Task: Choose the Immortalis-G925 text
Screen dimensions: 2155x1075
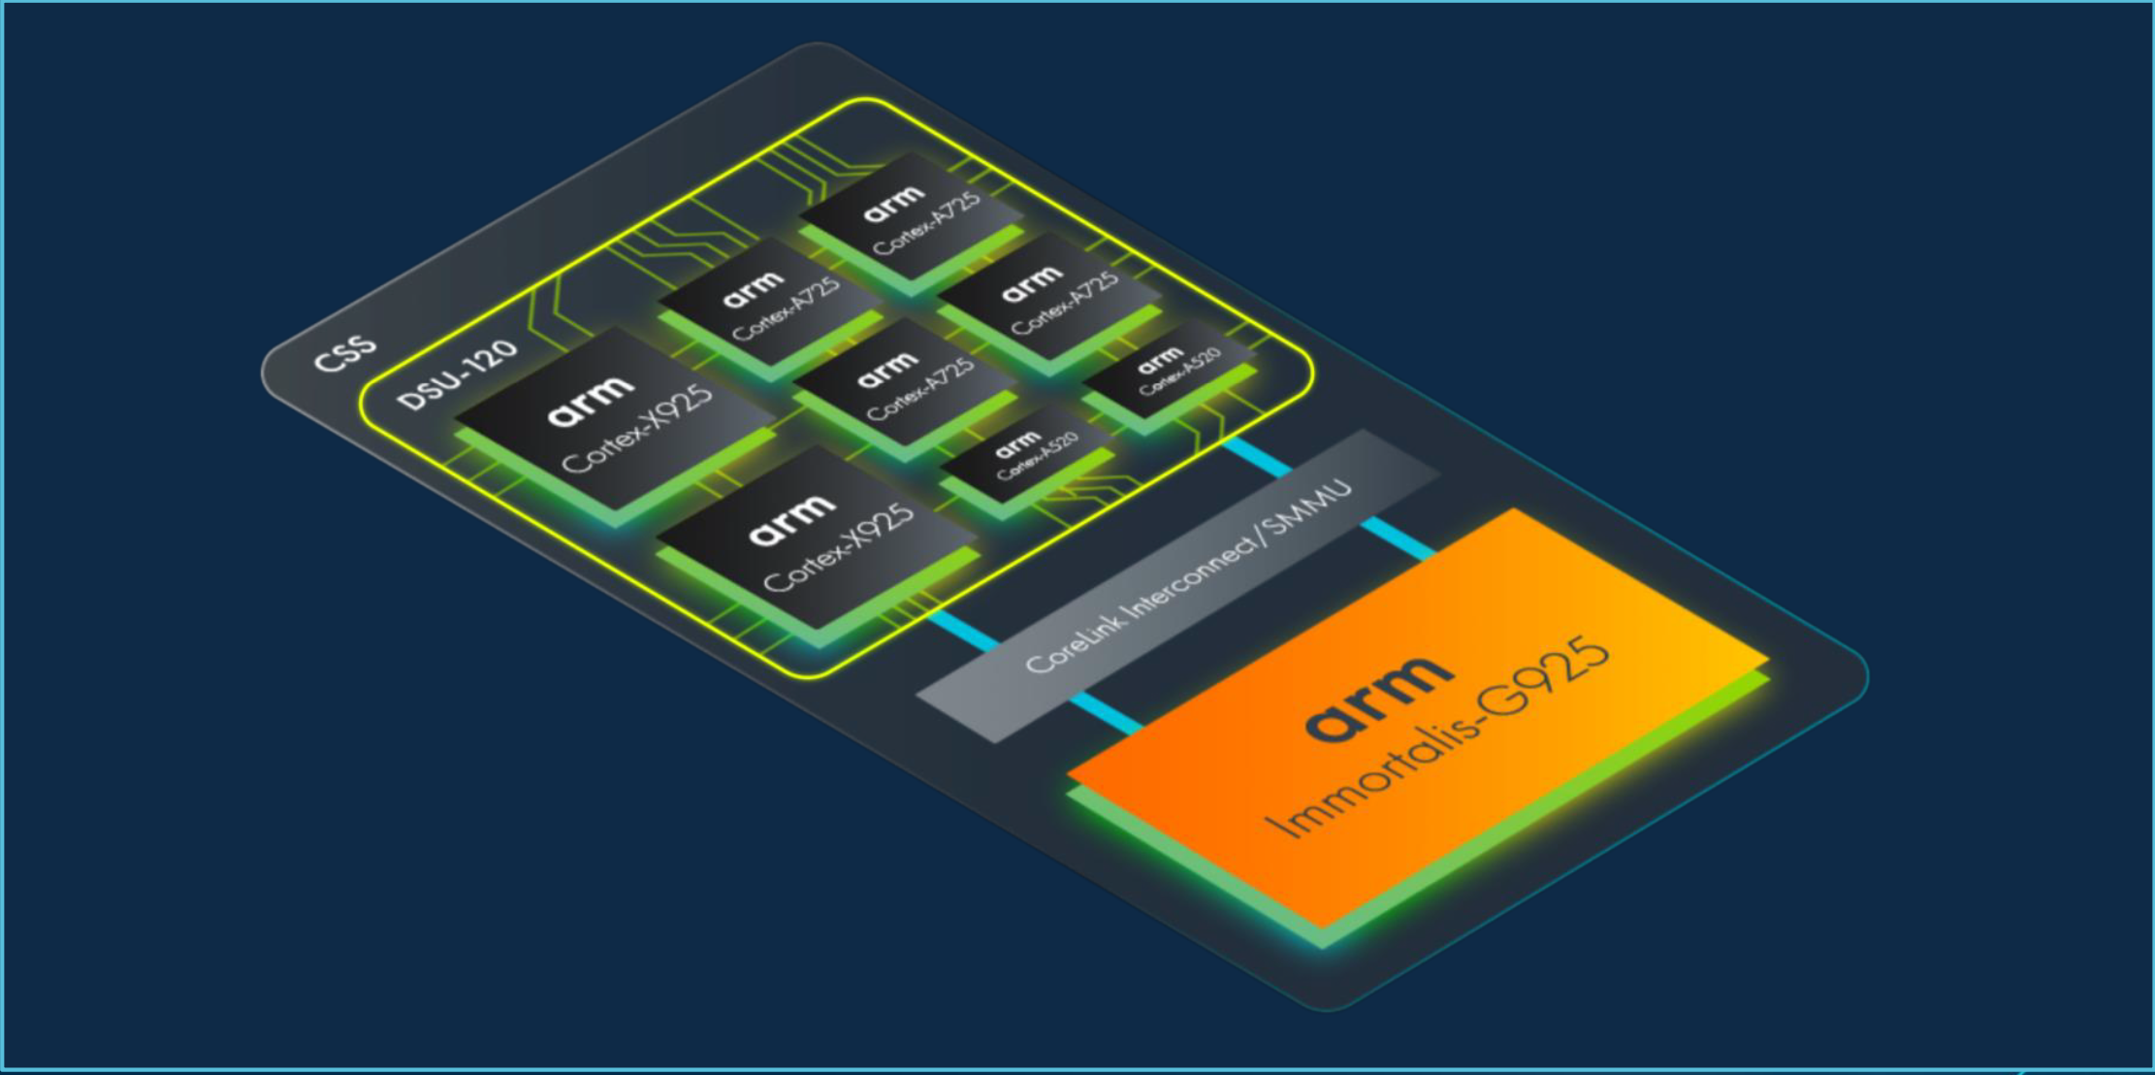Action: tap(1437, 737)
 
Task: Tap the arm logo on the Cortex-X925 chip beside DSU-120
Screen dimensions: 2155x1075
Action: tap(591, 403)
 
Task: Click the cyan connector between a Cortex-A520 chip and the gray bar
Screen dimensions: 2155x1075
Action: tap(1258, 456)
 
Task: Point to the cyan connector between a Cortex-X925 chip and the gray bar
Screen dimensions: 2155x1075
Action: tap(964, 630)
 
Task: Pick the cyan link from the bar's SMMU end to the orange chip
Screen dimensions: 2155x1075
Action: tap(1399, 539)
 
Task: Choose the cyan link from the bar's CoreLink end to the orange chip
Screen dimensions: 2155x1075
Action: tap(1107, 712)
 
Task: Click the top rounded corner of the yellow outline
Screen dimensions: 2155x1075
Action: tap(860, 99)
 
